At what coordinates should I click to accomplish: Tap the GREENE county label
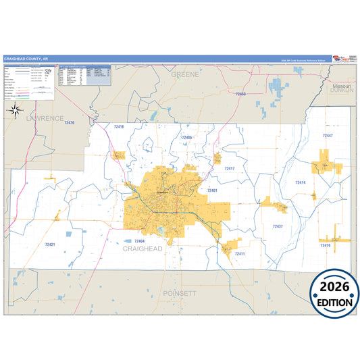(x=184, y=74)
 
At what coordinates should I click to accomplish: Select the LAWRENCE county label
(x=45, y=118)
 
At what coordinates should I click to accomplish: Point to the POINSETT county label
(x=179, y=294)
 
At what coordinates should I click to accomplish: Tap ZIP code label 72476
(x=68, y=123)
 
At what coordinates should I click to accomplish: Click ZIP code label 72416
(x=119, y=127)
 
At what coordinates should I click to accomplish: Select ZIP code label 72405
(x=187, y=137)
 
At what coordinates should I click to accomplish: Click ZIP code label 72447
(x=327, y=136)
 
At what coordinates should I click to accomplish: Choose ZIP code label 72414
(x=301, y=182)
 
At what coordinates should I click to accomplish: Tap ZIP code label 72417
(x=229, y=168)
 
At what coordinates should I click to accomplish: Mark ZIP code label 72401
(x=212, y=190)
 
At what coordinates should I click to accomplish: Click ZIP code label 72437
(x=277, y=226)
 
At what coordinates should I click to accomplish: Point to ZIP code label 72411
(x=239, y=254)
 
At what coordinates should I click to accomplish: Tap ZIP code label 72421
(x=49, y=245)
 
